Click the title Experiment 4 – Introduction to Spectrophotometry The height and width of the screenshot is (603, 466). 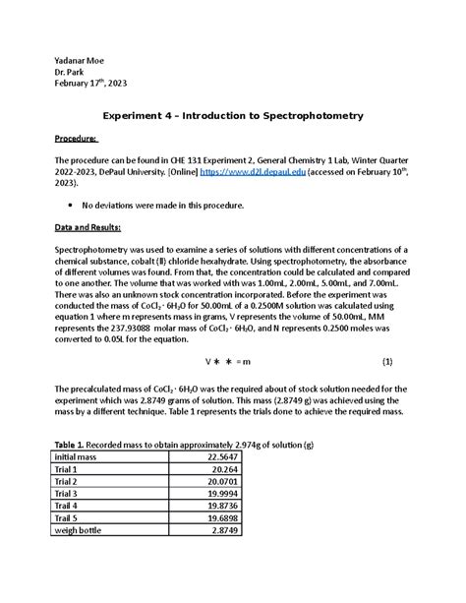point(233,115)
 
